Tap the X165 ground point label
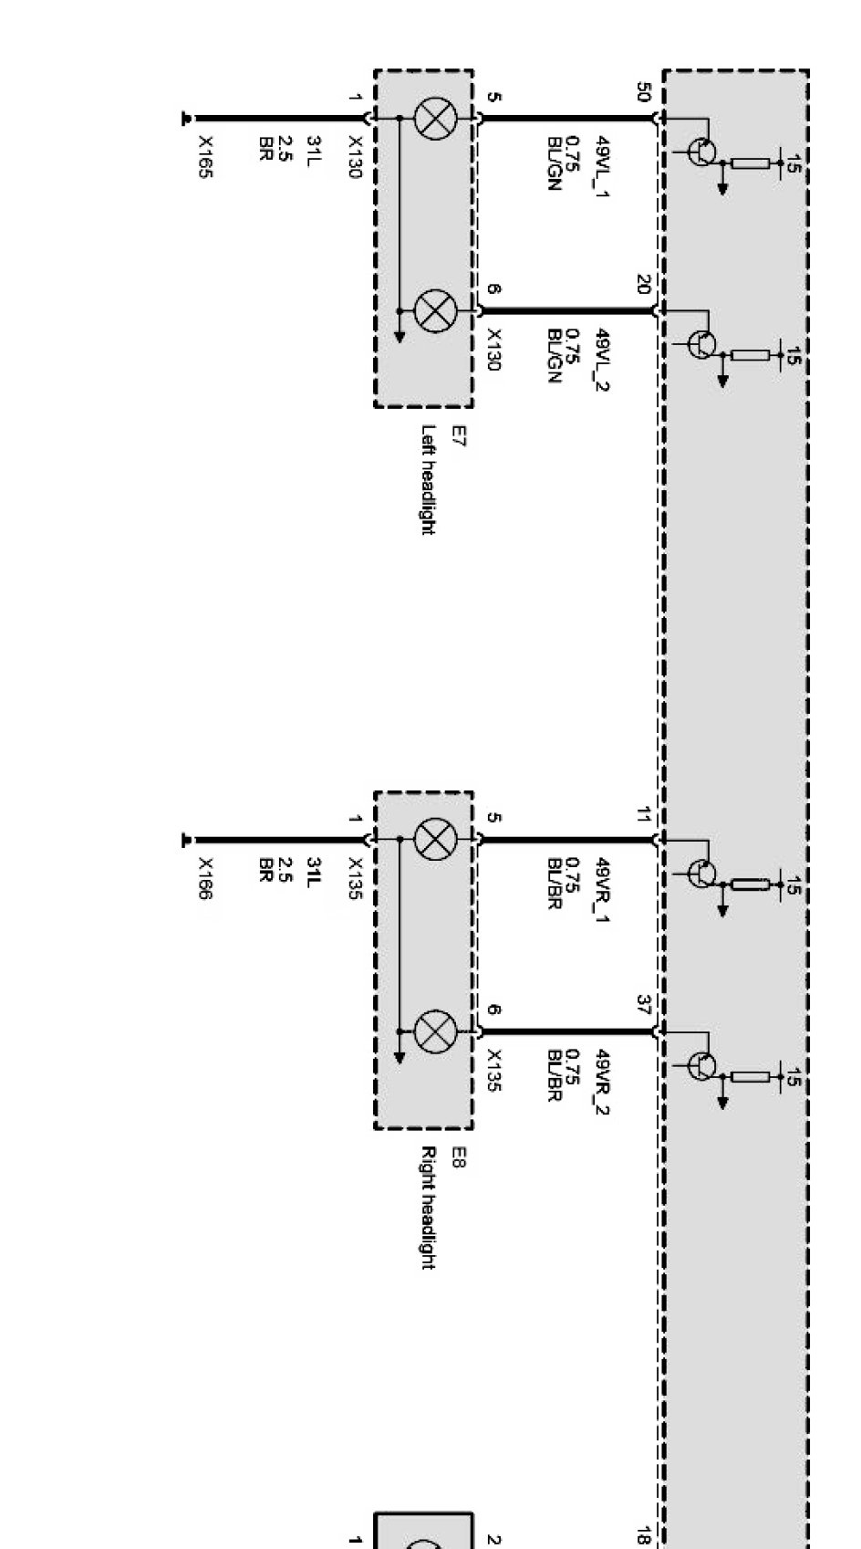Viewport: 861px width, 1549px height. (x=206, y=157)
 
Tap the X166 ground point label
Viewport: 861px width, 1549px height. (x=206, y=878)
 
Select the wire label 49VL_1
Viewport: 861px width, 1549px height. (x=601, y=166)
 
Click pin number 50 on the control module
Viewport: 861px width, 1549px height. (x=644, y=92)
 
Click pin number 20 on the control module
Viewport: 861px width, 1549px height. (x=644, y=285)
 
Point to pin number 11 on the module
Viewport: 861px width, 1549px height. (x=644, y=814)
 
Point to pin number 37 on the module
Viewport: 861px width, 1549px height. (x=644, y=1005)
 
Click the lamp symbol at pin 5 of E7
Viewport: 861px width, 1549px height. (x=435, y=119)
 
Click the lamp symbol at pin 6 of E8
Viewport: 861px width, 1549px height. (x=435, y=1032)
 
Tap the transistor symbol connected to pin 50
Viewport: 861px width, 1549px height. (x=700, y=152)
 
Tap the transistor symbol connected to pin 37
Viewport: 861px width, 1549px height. (x=700, y=1065)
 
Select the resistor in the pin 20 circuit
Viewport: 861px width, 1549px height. (x=750, y=355)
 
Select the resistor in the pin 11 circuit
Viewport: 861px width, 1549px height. (x=750, y=884)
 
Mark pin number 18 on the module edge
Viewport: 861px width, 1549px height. (x=644, y=1537)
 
